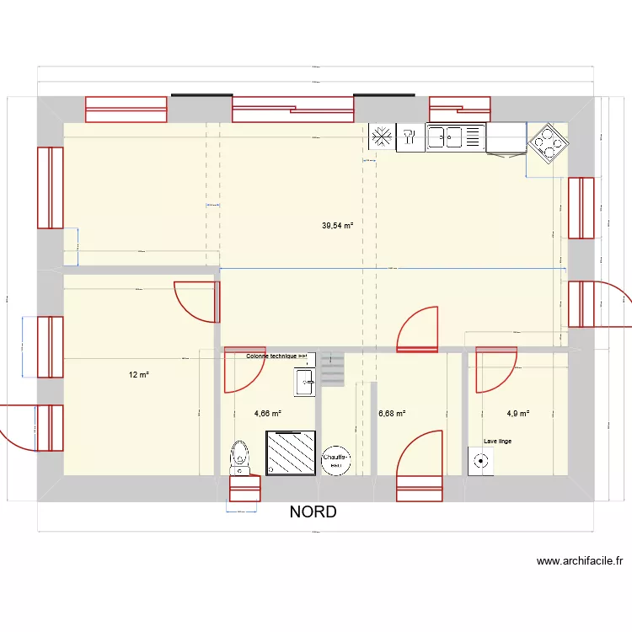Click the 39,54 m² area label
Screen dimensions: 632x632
pyautogui.click(x=337, y=226)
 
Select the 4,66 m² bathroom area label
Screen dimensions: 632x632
pyautogui.click(x=267, y=414)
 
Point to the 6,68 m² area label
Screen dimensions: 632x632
pyautogui.click(x=392, y=414)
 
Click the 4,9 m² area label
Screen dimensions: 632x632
pyautogui.click(x=517, y=414)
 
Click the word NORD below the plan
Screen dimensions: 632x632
pyautogui.click(x=313, y=511)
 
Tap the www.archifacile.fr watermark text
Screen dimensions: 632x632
pyautogui.click(x=579, y=561)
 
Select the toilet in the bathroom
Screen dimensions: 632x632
pyautogui.click(x=241, y=456)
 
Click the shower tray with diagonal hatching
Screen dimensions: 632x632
pyautogui.click(x=291, y=453)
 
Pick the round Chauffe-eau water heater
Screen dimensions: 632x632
pyautogui.click(x=336, y=459)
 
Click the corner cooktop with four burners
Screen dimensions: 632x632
pyautogui.click(x=547, y=142)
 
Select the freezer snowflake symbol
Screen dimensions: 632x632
pyautogui.click(x=382, y=137)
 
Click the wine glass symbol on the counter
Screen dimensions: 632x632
pyautogui.click(x=410, y=137)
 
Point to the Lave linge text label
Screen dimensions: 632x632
pyautogui.click(x=497, y=441)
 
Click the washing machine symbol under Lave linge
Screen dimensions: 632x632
pyautogui.click(x=480, y=461)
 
